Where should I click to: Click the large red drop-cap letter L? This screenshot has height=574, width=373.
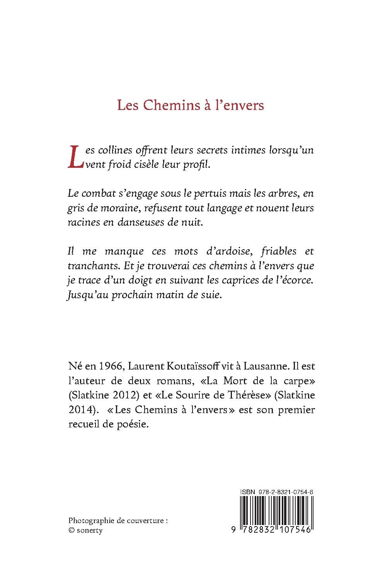[76, 157]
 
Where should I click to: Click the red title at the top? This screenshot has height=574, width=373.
[191, 105]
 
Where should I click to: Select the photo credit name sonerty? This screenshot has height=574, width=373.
[90, 530]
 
